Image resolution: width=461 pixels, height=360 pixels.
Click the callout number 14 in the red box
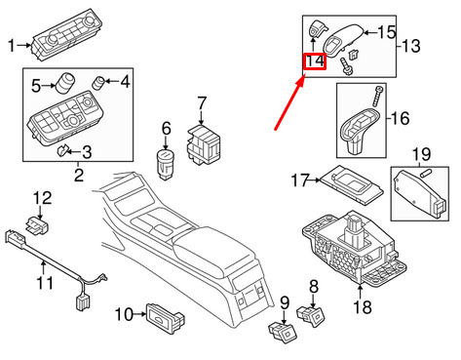pyautogui.click(x=315, y=61)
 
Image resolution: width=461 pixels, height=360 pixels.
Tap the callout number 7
pyautogui.click(x=202, y=103)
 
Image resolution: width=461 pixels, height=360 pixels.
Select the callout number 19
pyautogui.click(x=421, y=154)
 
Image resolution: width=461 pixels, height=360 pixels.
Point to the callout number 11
pyautogui.click(x=45, y=283)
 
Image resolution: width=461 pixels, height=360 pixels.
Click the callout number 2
pyautogui.click(x=79, y=175)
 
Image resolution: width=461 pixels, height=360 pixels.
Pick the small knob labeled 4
pyautogui.click(x=98, y=82)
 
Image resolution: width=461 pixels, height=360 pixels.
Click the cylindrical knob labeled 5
pyautogui.click(x=66, y=83)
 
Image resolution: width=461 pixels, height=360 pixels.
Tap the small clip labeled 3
pyautogui.click(x=62, y=150)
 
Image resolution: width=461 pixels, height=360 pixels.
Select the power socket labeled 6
pyautogui.click(x=166, y=164)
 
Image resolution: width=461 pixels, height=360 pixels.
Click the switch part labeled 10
pyautogui.click(x=165, y=316)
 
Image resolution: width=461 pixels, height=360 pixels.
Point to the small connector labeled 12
pyautogui.click(x=38, y=225)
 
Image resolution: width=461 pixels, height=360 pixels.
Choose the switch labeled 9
pyautogui.click(x=282, y=331)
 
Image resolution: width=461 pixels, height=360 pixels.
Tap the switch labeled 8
pyautogui.click(x=311, y=315)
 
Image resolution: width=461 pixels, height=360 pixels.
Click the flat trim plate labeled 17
pyautogui.click(x=352, y=184)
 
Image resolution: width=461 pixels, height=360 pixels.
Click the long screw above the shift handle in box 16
pyautogui.click(x=378, y=96)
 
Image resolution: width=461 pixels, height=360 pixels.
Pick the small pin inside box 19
pyautogui.click(x=425, y=174)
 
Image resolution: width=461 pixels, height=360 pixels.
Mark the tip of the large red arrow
pyautogui.click(x=304, y=75)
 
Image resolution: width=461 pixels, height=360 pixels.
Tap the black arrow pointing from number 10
pyautogui.click(x=140, y=314)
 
